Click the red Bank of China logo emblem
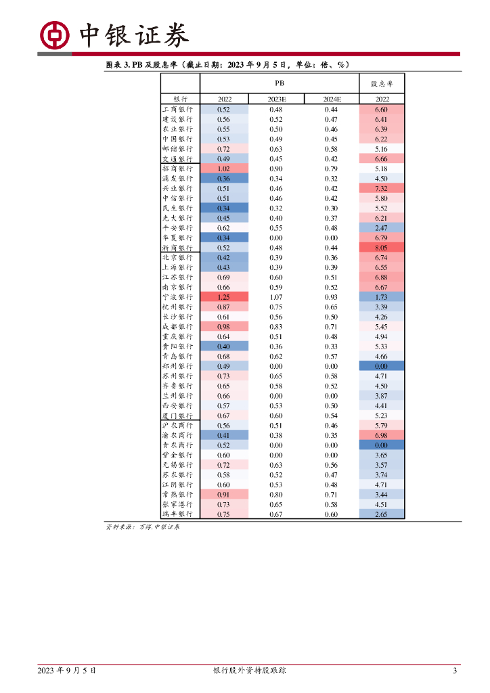pyautogui.click(x=55, y=35)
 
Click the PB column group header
pyautogui.click(x=279, y=83)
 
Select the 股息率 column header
pyautogui.click(x=381, y=83)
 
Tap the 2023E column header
pyautogui.click(x=276, y=99)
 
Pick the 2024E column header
pyautogui.click(x=331, y=99)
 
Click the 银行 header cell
pyautogui.click(x=179, y=99)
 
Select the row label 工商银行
pyautogui.click(x=177, y=110)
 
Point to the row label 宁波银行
pyautogui.click(x=177, y=297)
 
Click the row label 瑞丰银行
pyautogui.click(x=177, y=514)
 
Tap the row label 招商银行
pyautogui.click(x=177, y=169)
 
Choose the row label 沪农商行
pyautogui.click(x=177, y=426)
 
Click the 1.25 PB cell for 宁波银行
pyautogui.click(x=224, y=297)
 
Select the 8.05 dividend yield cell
pyautogui.click(x=381, y=248)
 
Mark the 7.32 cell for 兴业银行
pyautogui.click(x=381, y=188)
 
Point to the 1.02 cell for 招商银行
pyautogui.click(x=224, y=169)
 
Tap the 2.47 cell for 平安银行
pyautogui.click(x=381, y=228)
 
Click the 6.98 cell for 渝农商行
pyautogui.click(x=381, y=435)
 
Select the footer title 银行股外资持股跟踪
pyautogui.click(x=249, y=671)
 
